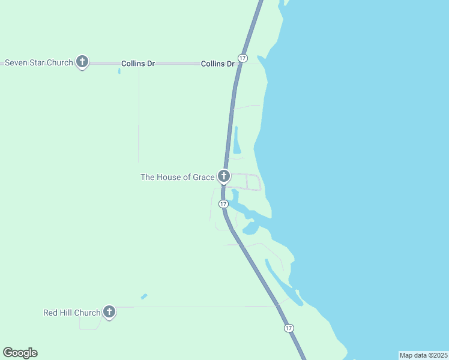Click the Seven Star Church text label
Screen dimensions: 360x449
pos(39,62)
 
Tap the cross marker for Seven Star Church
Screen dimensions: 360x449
pos(82,61)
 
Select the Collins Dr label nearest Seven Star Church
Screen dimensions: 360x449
pos(138,63)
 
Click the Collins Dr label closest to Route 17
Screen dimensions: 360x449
pos(217,63)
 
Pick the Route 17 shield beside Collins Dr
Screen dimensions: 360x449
pos(242,58)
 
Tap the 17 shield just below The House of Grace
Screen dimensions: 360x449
pos(223,204)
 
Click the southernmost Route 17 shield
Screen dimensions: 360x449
pos(289,328)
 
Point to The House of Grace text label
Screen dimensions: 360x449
pos(177,177)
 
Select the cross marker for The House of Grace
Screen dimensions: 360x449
pos(223,176)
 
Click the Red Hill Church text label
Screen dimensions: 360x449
pos(71,313)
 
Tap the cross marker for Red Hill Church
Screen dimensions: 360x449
pos(109,311)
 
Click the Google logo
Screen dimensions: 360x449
pos(20,353)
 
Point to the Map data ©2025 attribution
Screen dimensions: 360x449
pos(423,355)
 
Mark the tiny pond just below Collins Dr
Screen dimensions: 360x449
pos(119,71)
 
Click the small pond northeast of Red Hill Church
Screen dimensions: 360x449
pos(144,296)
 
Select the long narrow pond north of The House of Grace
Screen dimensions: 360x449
pos(237,141)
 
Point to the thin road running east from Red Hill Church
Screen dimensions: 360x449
pos(192,307)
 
